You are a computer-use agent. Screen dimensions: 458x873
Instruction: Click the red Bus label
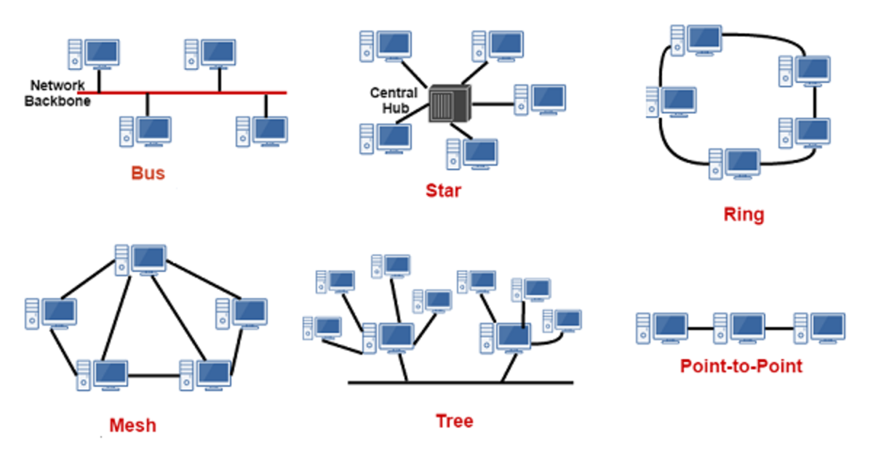coord(148,174)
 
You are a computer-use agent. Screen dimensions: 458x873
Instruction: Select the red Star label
coord(443,191)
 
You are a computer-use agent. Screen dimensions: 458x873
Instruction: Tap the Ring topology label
coord(744,214)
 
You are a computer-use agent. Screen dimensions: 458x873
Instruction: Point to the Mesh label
coord(132,425)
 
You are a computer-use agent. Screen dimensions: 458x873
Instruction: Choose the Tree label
coord(454,421)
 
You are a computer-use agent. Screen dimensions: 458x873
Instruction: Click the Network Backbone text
coord(57,93)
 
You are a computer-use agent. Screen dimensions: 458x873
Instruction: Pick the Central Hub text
coord(394,101)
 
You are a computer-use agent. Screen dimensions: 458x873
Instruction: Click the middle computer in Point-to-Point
coord(738,328)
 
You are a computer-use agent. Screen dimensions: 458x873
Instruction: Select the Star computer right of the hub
coord(540,100)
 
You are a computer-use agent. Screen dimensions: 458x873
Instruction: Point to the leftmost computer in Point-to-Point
coord(661,328)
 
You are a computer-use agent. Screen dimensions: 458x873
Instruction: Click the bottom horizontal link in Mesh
coord(154,376)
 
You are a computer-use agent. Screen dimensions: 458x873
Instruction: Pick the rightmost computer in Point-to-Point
coord(819,328)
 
